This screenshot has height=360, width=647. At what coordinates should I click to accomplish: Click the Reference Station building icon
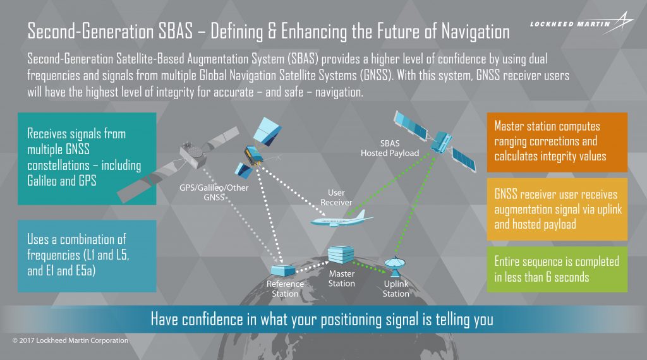point(282,270)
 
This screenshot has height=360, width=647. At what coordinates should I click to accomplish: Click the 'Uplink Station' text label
point(396,289)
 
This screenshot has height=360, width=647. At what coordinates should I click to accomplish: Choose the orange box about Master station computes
point(557,141)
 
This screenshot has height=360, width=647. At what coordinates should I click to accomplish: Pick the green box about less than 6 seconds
point(557,269)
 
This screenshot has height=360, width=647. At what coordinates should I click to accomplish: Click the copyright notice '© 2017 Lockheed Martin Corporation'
point(70,340)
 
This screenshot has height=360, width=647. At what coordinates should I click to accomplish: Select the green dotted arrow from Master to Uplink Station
point(370,266)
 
